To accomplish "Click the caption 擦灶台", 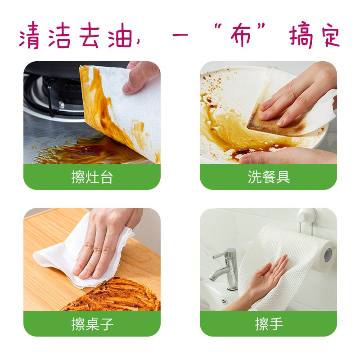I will (x=92, y=177).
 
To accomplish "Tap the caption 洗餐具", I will (x=269, y=177).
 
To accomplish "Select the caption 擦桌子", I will (x=92, y=324).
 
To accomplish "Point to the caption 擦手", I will (x=269, y=324).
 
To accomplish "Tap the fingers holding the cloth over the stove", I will (x=139, y=76).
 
